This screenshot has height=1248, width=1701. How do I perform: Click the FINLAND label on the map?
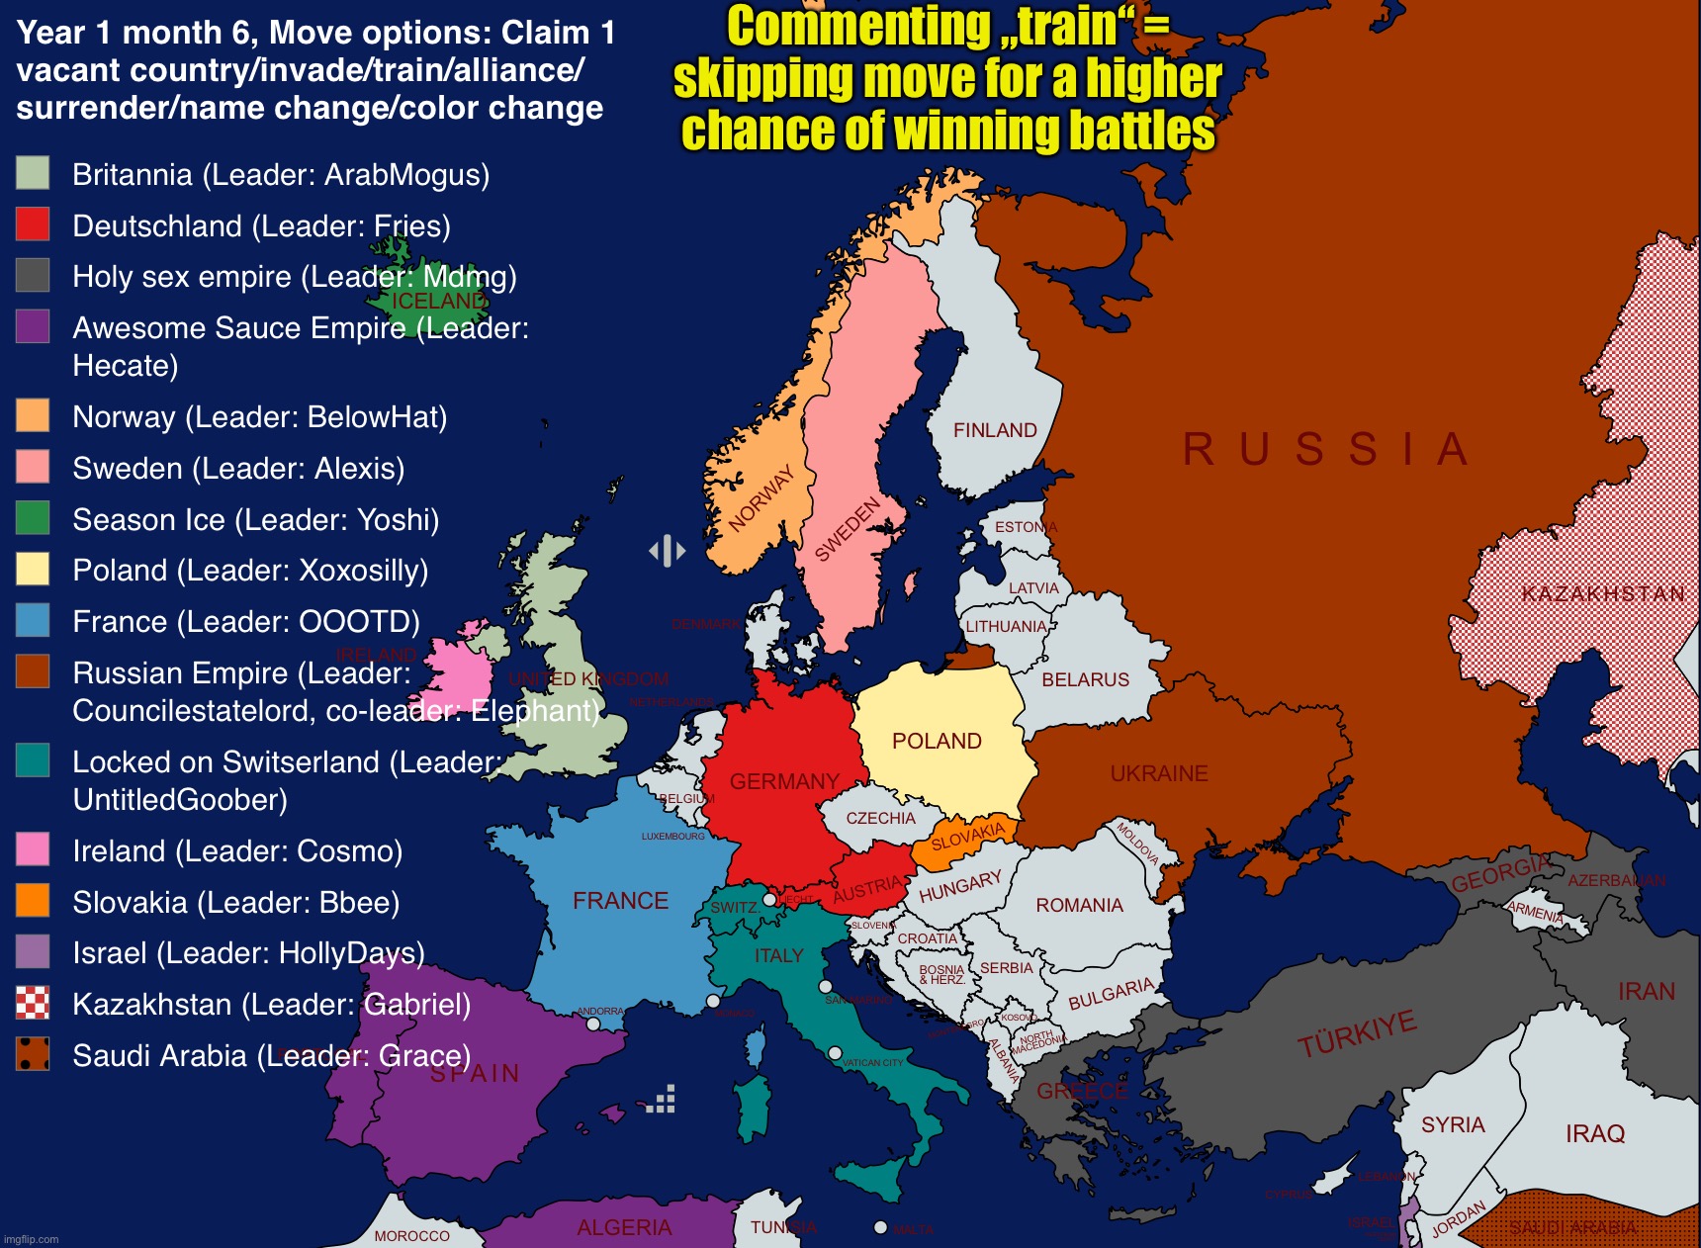point(995,430)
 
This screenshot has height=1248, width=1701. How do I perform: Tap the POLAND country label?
point(937,741)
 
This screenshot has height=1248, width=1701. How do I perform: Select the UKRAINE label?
point(1159,773)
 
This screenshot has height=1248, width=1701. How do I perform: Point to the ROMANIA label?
point(1079,905)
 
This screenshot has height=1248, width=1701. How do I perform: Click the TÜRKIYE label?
point(1357,1034)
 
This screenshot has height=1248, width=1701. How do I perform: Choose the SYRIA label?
point(1453,1124)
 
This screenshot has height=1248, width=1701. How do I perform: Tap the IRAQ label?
point(1595,1133)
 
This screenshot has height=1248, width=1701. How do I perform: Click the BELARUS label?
point(1085,679)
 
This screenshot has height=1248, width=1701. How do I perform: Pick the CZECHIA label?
point(880,818)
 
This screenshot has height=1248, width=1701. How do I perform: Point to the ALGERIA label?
point(624,1227)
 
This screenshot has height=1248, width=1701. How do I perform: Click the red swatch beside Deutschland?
point(33,224)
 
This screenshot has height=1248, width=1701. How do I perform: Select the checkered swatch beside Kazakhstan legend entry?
point(33,1003)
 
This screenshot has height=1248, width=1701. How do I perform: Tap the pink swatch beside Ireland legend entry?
point(33,849)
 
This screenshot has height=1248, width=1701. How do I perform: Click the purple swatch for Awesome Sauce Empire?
point(33,326)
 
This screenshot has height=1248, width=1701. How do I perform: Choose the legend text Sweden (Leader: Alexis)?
point(238,468)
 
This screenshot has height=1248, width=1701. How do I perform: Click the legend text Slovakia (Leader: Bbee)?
point(235,902)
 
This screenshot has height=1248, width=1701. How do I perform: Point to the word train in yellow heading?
point(1069,28)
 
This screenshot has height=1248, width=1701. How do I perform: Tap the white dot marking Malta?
point(880,1227)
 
